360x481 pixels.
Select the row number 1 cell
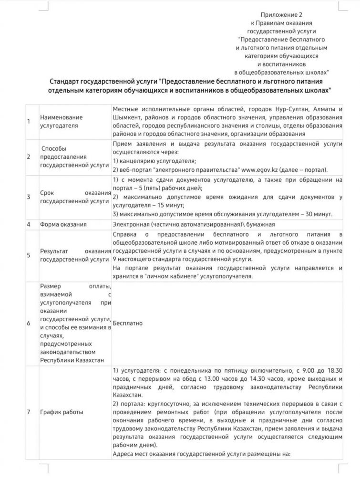point(29,121)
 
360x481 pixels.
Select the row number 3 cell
point(29,197)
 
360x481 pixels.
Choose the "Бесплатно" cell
point(128,323)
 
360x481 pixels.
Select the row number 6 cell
point(29,323)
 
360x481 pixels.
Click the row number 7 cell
point(29,411)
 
